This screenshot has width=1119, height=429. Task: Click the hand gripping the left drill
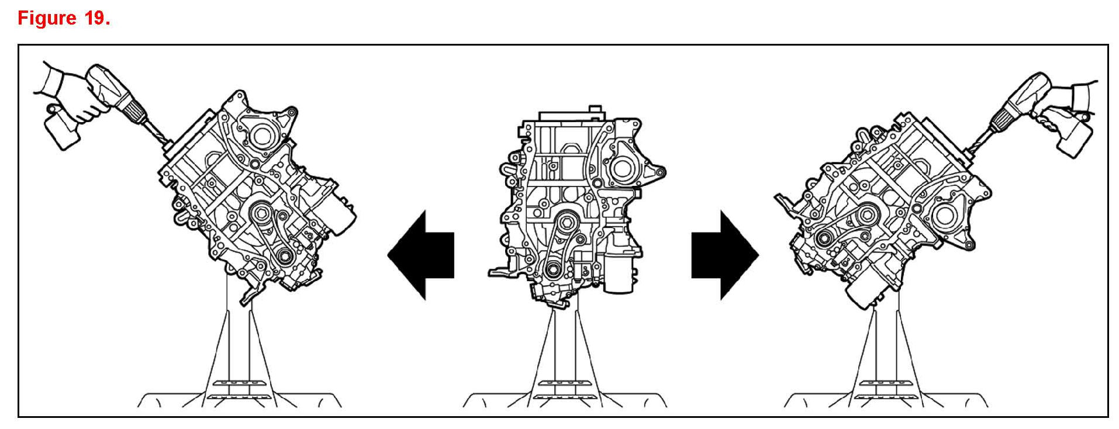pyautogui.click(x=76, y=94)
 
